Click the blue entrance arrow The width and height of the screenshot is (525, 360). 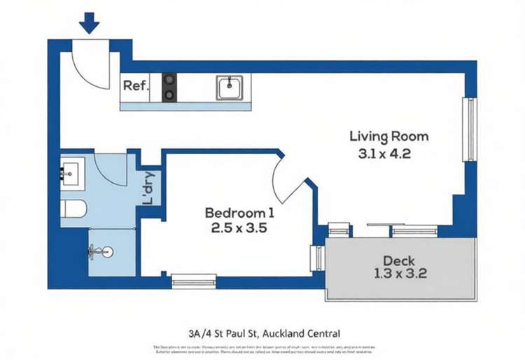[90, 25]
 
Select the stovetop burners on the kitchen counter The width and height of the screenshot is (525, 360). [169, 88]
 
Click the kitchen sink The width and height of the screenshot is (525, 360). [229, 88]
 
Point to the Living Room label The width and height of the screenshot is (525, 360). [388, 136]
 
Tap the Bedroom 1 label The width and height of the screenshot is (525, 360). [239, 212]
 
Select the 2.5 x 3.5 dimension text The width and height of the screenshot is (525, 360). [239, 228]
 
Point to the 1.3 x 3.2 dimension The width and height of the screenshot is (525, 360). [400, 274]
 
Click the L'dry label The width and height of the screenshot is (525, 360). [149, 188]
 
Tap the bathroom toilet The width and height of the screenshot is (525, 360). [73, 209]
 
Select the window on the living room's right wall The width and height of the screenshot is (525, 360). [471, 130]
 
